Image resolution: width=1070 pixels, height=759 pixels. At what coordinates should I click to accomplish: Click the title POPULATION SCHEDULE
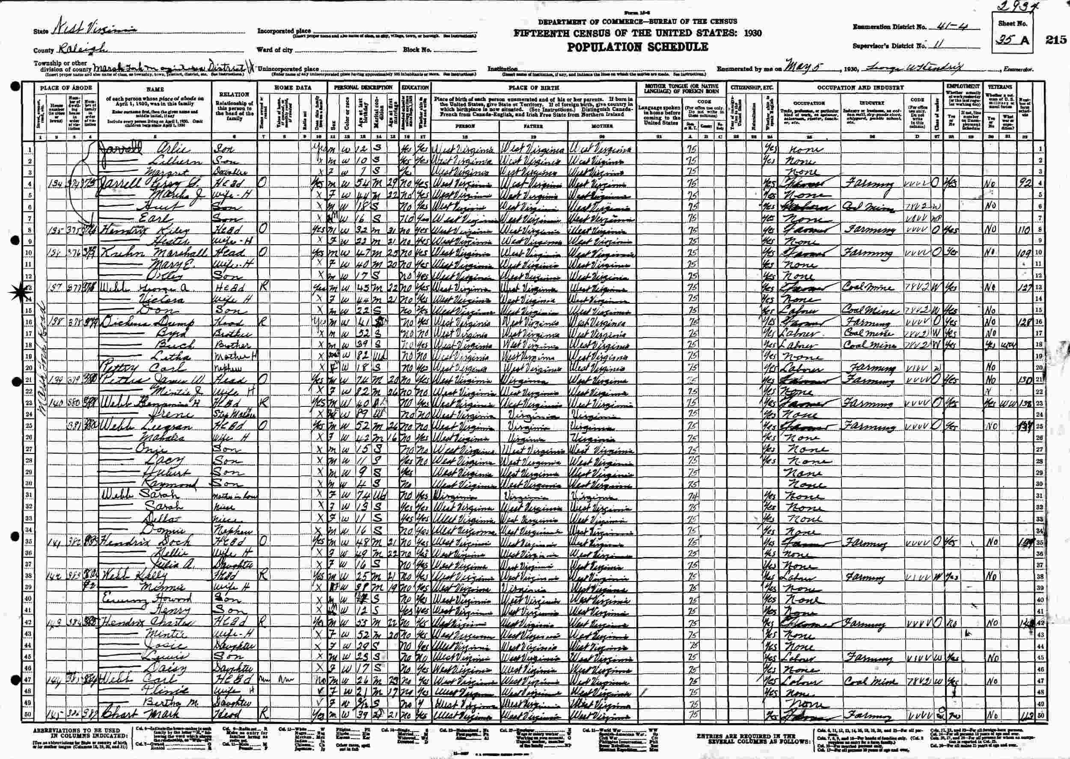point(638,47)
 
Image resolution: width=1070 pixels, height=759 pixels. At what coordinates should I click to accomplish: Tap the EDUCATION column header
point(415,87)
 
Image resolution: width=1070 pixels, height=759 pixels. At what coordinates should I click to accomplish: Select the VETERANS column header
point(1000,87)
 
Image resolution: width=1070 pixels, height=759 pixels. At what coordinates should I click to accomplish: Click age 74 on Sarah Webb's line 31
point(365,495)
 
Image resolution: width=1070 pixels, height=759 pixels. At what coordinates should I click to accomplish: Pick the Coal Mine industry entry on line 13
point(862,288)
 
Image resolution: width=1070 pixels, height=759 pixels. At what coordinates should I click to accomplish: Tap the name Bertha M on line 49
point(163,703)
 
